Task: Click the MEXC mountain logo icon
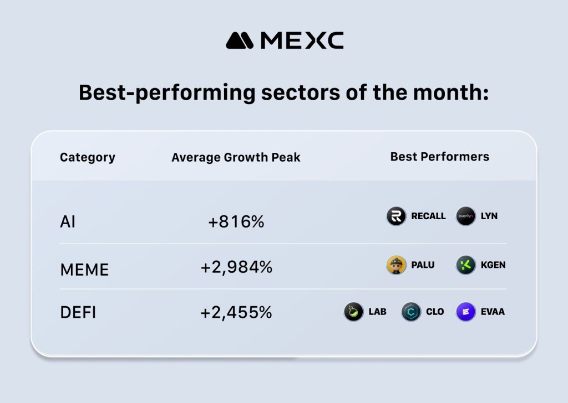click(240, 40)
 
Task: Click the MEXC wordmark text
click(302, 40)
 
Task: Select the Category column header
click(88, 157)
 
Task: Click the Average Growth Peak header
click(236, 157)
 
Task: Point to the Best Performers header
click(439, 157)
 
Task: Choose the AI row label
click(68, 222)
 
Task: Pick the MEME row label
click(84, 270)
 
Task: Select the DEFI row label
click(78, 312)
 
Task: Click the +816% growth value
click(236, 222)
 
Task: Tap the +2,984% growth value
click(236, 267)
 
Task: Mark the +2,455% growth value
click(236, 312)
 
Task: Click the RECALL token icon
click(396, 216)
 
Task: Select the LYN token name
click(489, 216)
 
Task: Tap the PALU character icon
click(396, 265)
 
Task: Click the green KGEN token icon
click(465, 265)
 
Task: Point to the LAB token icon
click(353, 312)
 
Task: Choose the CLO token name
click(435, 312)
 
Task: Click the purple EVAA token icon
click(465, 312)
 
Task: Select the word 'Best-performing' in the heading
click(166, 92)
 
